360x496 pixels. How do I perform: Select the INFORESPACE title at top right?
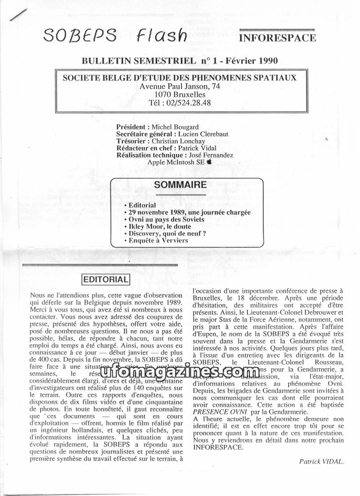click(x=277, y=38)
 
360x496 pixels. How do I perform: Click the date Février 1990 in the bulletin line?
click(x=247, y=60)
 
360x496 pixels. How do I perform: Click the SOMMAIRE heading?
click(x=180, y=185)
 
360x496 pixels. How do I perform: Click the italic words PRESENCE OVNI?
click(x=219, y=412)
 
